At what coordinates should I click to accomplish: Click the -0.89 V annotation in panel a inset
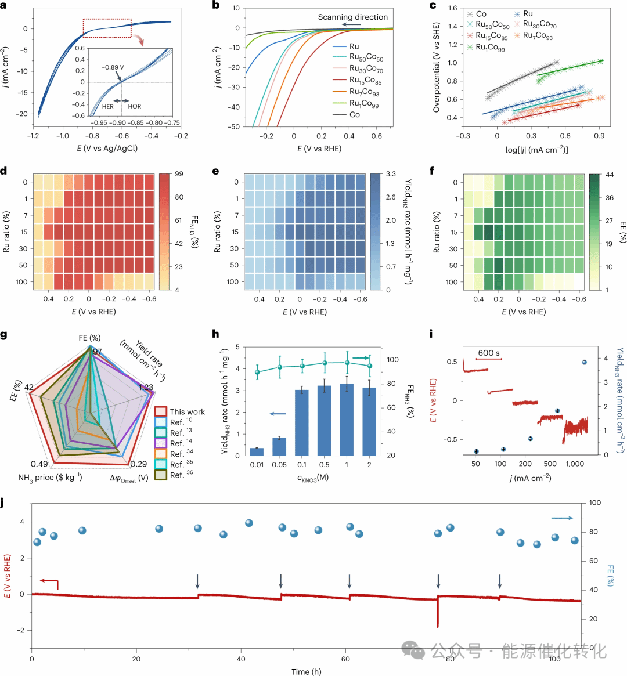[x=113, y=67]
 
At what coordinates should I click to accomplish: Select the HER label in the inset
[x=108, y=106]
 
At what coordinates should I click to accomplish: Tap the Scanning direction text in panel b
[x=352, y=17]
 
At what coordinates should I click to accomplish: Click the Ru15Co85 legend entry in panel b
[x=365, y=80]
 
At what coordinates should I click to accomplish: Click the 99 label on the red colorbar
[x=179, y=174]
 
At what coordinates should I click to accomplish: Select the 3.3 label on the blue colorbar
[x=391, y=174]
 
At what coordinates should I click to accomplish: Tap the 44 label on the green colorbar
[x=610, y=175]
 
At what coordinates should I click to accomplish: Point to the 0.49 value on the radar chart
[x=39, y=464]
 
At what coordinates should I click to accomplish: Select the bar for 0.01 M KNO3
[x=257, y=451]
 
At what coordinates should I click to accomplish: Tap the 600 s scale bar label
[x=489, y=353]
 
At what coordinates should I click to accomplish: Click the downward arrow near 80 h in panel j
[x=438, y=581]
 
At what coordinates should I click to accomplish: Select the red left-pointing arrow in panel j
[x=49, y=581]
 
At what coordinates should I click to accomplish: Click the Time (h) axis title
[x=306, y=671]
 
